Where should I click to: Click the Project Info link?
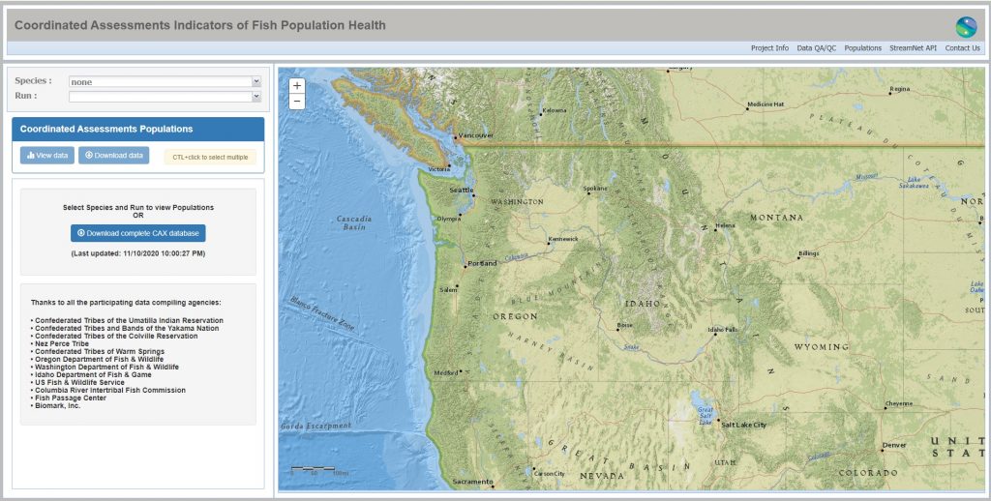(x=769, y=48)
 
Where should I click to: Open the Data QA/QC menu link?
(x=816, y=48)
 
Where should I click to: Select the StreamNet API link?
(x=914, y=48)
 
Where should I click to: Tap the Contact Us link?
(x=962, y=48)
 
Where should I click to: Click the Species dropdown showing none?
(x=165, y=82)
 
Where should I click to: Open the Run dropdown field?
(x=165, y=97)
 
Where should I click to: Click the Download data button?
(x=114, y=155)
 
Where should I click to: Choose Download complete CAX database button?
(x=138, y=233)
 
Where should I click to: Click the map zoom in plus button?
(x=297, y=85)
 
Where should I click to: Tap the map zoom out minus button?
(x=297, y=101)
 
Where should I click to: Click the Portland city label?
(x=481, y=264)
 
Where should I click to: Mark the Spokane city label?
(x=595, y=189)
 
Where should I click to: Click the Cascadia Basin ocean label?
(x=354, y=222)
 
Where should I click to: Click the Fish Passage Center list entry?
(x=74, y=398)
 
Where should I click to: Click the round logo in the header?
(x=966, y=26)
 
